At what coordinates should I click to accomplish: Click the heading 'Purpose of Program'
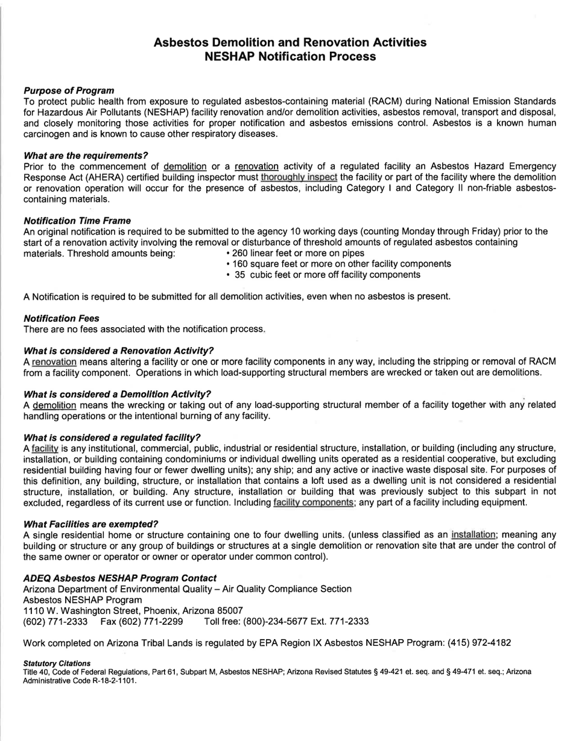pos(68,90)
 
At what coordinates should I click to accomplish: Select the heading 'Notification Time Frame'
pos(77,220)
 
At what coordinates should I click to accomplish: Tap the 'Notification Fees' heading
pos(61,317)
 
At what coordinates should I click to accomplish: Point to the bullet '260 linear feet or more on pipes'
pos(295,253)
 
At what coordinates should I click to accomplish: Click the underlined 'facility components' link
pos(313,502)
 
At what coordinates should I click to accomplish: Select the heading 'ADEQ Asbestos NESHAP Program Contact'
pos(119,578)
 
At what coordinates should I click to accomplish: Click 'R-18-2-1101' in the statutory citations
pos(112,680)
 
